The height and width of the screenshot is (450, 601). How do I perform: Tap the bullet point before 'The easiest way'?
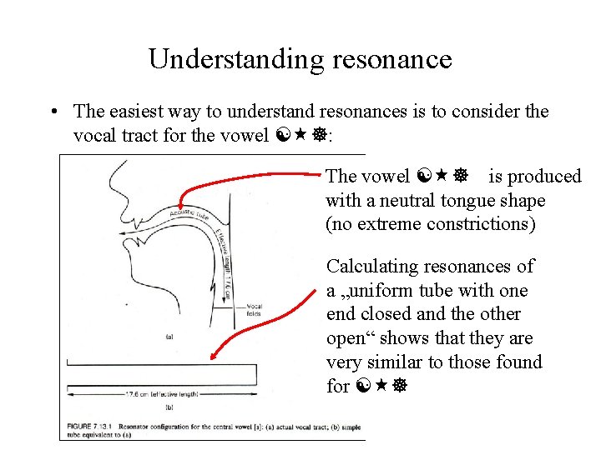tap(53, 112)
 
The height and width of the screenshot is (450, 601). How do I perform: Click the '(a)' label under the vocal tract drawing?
tap(170, 337)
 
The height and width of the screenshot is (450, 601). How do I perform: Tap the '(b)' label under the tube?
tap(169, 407)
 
